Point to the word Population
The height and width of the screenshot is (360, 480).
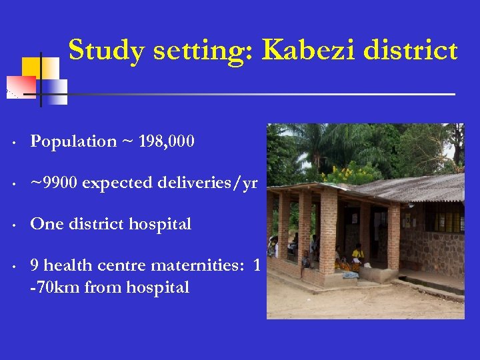73,141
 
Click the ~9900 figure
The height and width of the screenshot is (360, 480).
53,183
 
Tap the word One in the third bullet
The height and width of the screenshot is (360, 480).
46,225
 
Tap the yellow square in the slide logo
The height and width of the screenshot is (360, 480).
32,67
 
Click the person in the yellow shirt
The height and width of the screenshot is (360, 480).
358,254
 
